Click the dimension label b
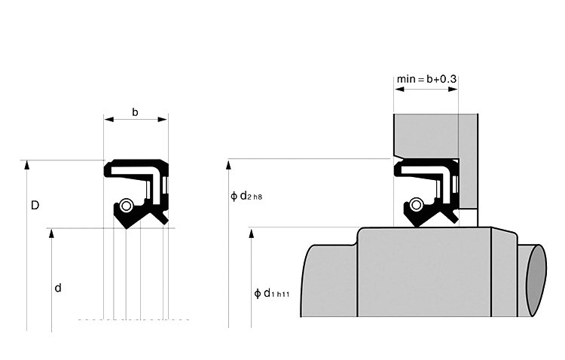pos(136,112)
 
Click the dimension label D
pos(35,205)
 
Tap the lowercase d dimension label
pos(58,287)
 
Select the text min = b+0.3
pos(426,78)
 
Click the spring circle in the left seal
pos(127,206)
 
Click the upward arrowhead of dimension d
pos(51,233)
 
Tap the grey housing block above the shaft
pos(429,136)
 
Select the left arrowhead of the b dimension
pos(108,119)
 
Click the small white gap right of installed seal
pos(467,217)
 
